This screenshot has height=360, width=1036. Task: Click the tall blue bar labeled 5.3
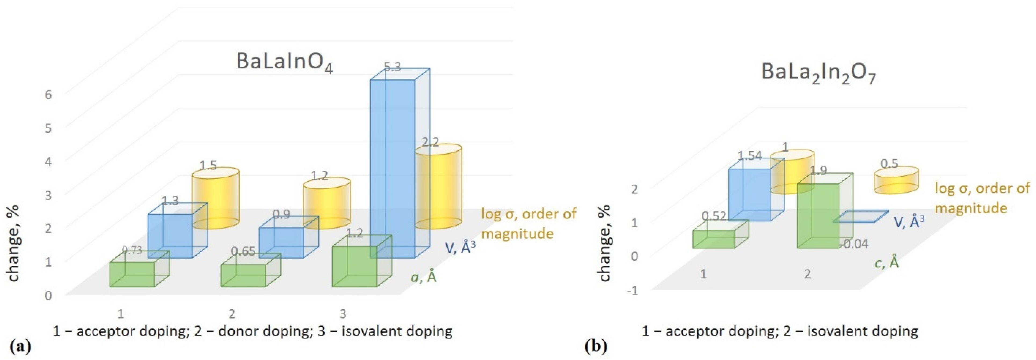[x=392, y=169]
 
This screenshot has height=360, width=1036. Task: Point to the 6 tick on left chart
[x=48, y=95]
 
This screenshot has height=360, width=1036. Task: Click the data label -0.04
[x=855, y=244]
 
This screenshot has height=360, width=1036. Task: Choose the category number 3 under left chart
[x=343, y=313]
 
